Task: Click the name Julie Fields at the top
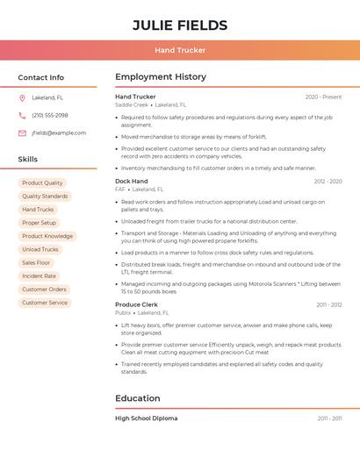tap(180, 25)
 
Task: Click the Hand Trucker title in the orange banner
tap(180, 50)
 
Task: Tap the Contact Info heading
tap(41, 77)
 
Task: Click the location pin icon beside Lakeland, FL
tap(22, 97)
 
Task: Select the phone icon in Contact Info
tap(22, 115)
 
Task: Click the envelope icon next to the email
tap(22, 133)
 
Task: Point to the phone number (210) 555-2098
tap(50, 115)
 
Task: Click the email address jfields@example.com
tap(59, 133)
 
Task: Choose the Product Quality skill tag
tap(42, 183)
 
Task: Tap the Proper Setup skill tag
tap(39, 223)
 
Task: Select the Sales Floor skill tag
tap(37, 262)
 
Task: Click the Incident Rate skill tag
tap(39, 275)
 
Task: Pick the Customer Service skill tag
tap(45, 303)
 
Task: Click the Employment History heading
tap(161, 77)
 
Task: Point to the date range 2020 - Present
tap(323, 97)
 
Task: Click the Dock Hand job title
tap(132, 181)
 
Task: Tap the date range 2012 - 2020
tap(328, 181)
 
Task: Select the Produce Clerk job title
tap(136, 304)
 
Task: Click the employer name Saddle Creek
tap(132, 104)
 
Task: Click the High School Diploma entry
tap(146, 418)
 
